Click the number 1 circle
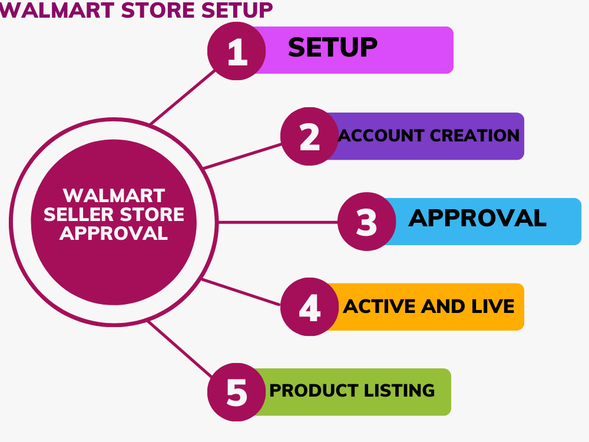tap(237, 51)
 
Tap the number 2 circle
tap(310, 137)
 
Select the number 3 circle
tap(366, 222)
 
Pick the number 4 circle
tap(310, 306)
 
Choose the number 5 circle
tap(237, 392)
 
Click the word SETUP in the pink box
tap(332, 47)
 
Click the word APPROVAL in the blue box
tap(477, 218)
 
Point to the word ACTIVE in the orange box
tap(379, 306)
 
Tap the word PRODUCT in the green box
tap(314, 391)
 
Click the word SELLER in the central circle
tap(79, 215)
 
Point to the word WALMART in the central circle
tap(114, 196)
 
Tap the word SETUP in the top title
tap(237, 10)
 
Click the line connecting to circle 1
tap(183, 97)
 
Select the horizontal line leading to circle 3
tap(278, 223)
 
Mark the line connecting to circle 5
tap(180, 349)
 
